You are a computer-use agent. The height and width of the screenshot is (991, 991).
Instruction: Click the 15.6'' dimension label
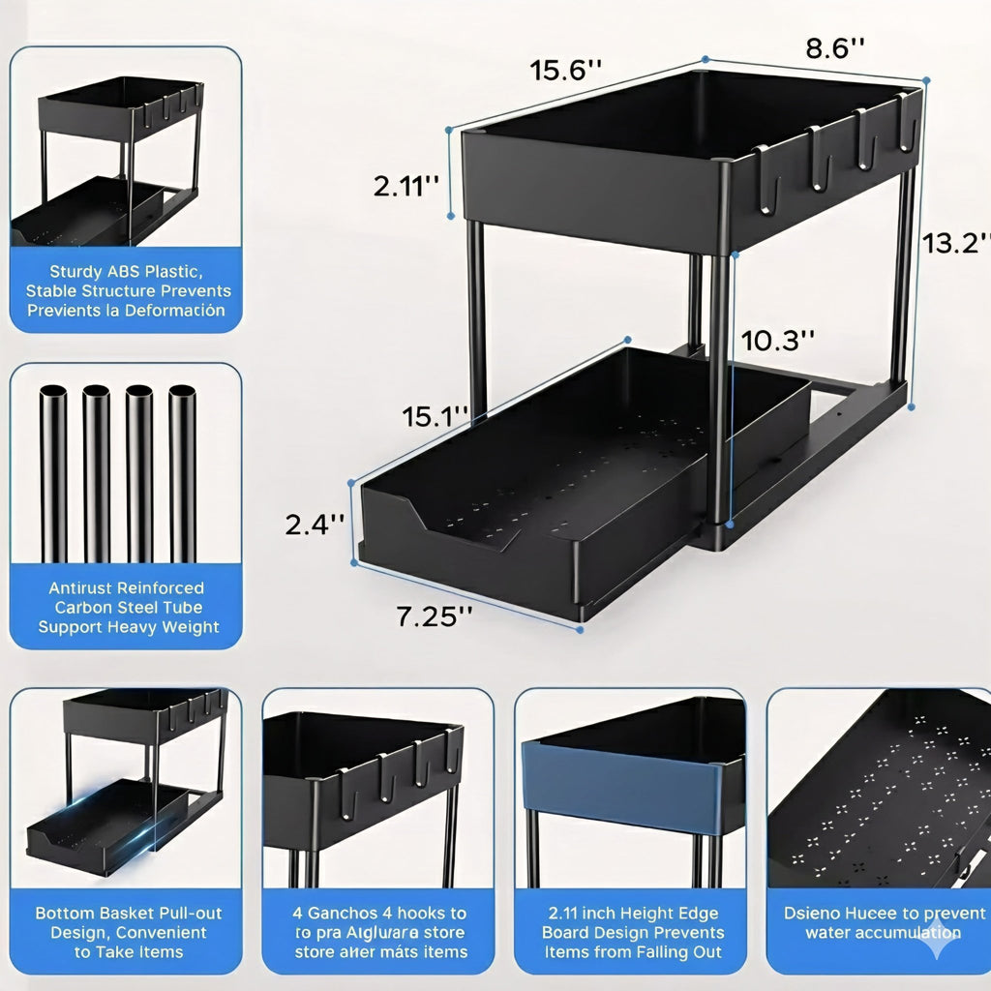566,71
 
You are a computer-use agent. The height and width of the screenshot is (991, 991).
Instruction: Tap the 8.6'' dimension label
834,48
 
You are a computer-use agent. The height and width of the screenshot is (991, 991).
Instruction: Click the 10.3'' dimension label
777,340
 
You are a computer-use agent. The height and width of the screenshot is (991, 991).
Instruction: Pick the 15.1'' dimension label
435,416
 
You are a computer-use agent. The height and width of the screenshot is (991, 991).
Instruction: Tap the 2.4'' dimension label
315,524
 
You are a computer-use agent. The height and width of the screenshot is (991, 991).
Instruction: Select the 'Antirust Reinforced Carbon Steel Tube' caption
128,607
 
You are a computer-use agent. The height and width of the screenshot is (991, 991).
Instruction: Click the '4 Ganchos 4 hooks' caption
379,932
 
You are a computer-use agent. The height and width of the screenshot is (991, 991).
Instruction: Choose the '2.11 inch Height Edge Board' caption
633,932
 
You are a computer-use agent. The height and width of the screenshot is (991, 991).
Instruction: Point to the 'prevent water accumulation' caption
883,922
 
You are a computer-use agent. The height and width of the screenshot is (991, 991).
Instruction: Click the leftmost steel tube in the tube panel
53,474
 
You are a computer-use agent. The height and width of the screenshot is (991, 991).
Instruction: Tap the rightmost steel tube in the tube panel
182,474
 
